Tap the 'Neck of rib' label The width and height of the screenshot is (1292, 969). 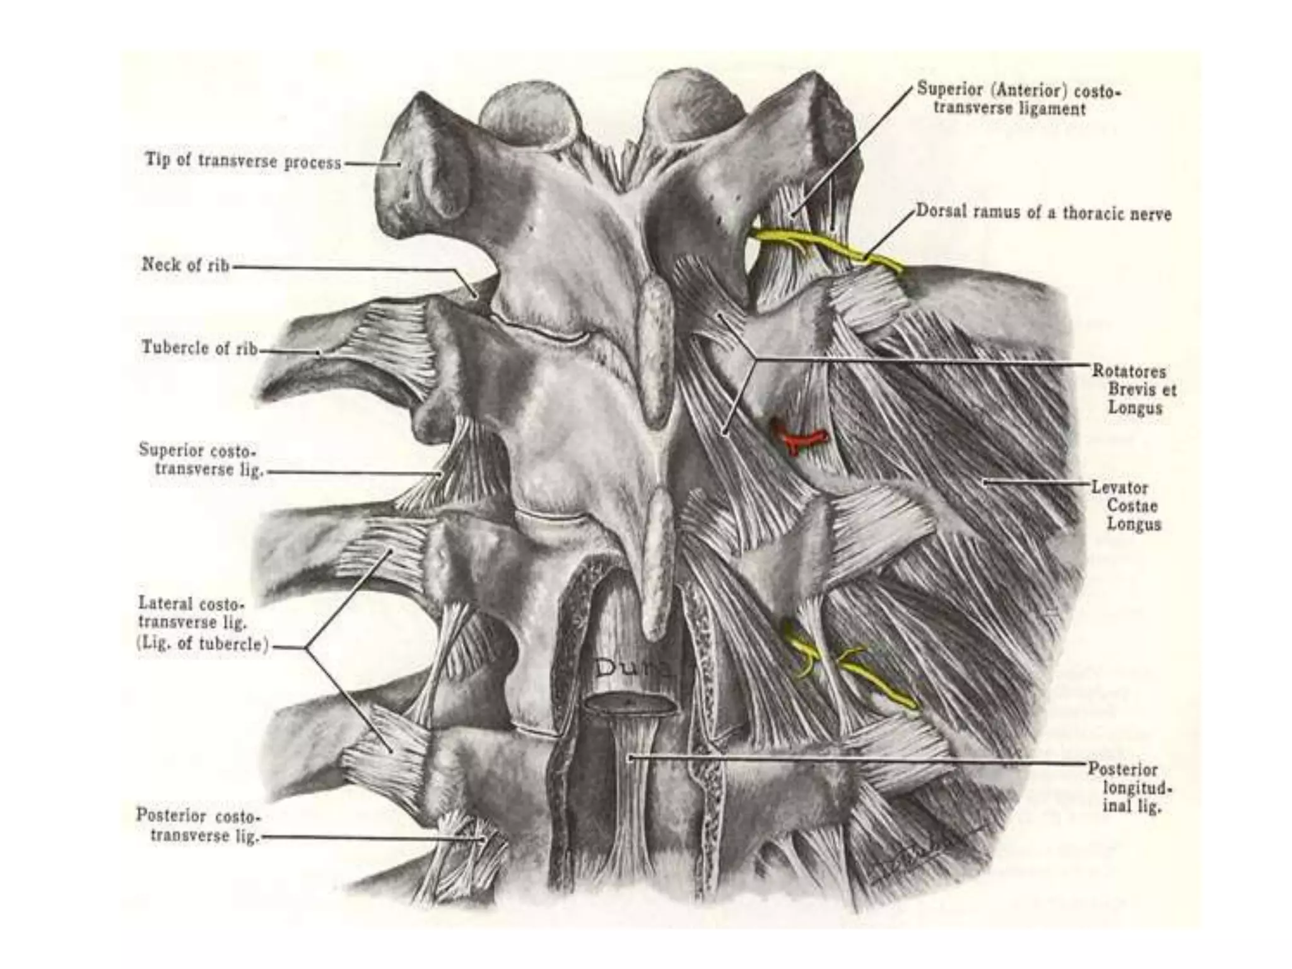coord(185,265)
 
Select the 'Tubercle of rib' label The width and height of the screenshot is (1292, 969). coord(199,348)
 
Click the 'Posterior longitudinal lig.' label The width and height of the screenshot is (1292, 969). coord(1130,787)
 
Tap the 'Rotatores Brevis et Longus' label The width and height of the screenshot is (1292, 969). coord(1135,389)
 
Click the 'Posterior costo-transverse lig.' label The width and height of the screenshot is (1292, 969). coord(197,826)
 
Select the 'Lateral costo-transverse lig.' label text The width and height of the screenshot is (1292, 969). coord(192,613)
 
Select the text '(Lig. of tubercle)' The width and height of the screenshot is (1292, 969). coord(203,645)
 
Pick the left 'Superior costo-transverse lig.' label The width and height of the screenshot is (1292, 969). coord(199,460)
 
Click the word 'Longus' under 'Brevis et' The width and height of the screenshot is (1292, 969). coord(1135,408)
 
